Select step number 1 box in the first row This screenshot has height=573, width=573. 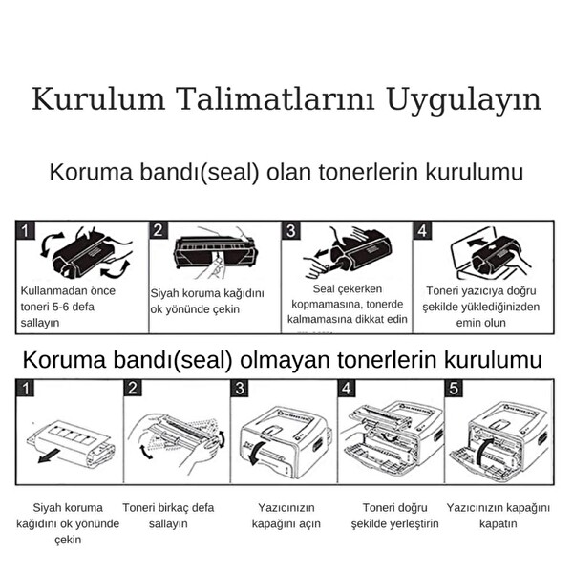tap(26, 231)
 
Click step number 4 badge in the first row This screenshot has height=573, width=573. tap(422, 231)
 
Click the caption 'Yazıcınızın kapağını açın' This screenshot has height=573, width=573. tap(286, 516)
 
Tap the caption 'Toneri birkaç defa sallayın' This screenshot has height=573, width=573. tap(168, 516)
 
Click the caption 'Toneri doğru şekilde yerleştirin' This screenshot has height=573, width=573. tap(394, 516)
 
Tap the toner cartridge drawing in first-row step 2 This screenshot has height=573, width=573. tap(214, 251)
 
